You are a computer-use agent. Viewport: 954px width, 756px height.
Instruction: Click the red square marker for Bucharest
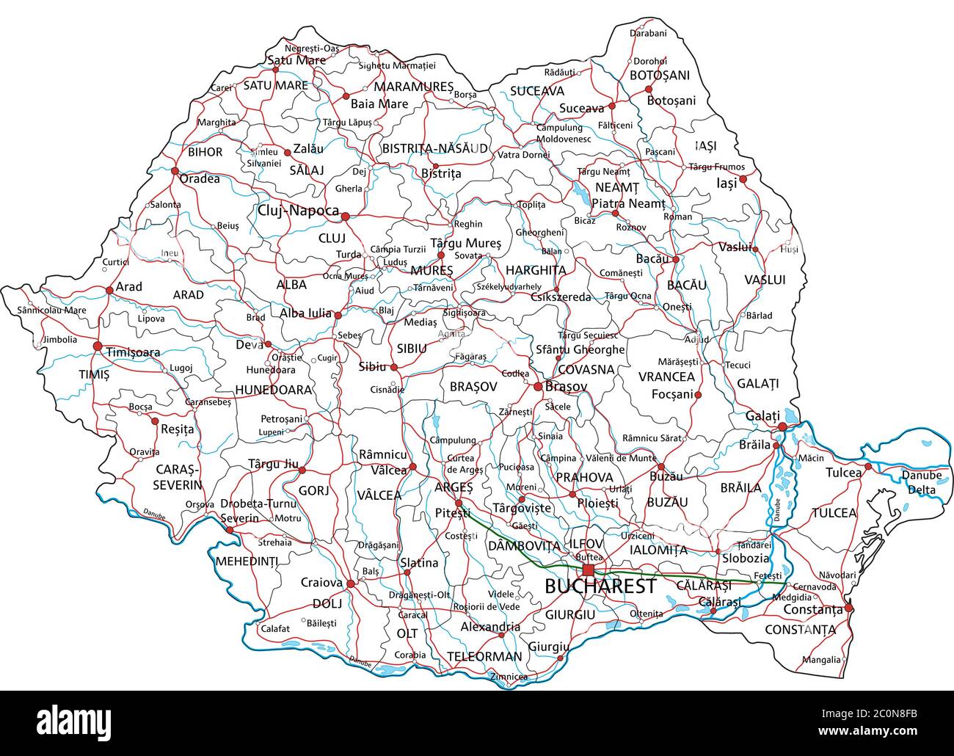[x=589, y=570]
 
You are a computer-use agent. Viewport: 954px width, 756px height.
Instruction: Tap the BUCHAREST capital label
[x=600, y=586]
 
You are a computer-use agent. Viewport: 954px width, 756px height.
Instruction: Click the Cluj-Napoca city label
[x=298, y=211]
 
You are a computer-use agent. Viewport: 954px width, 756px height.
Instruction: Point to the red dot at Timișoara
[x=98, y=345]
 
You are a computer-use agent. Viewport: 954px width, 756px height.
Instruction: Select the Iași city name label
[x=726, y=183]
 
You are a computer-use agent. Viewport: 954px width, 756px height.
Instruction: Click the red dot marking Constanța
[x=849, y=608]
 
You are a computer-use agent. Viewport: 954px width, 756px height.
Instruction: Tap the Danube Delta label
[x=921, y=481]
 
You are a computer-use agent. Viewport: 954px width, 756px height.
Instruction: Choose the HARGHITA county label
[x=536, y=270]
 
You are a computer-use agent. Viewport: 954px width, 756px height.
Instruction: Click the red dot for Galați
[x=782, y=426]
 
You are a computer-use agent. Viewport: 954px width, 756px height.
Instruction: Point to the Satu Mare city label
[x=296, y=60]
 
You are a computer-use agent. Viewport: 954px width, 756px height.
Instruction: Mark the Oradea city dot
[x=175, y=171]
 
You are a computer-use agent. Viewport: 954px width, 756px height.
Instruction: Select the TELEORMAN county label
[x=484, y=656]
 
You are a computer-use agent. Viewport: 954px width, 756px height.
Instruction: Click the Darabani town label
[x=648, y=33]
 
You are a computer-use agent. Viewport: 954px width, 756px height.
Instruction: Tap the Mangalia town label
[x=821, y=660]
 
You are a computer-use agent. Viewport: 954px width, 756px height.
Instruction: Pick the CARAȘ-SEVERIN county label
[x=177, y=477]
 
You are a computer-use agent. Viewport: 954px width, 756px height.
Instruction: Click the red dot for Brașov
[x=538, y=386]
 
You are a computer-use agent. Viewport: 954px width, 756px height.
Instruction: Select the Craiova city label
[x=321, y=583]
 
